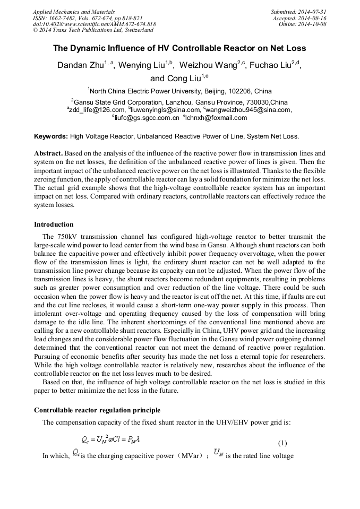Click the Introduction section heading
pos(54,225)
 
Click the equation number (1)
pos(282,443)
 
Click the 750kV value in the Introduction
pos(66,237)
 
